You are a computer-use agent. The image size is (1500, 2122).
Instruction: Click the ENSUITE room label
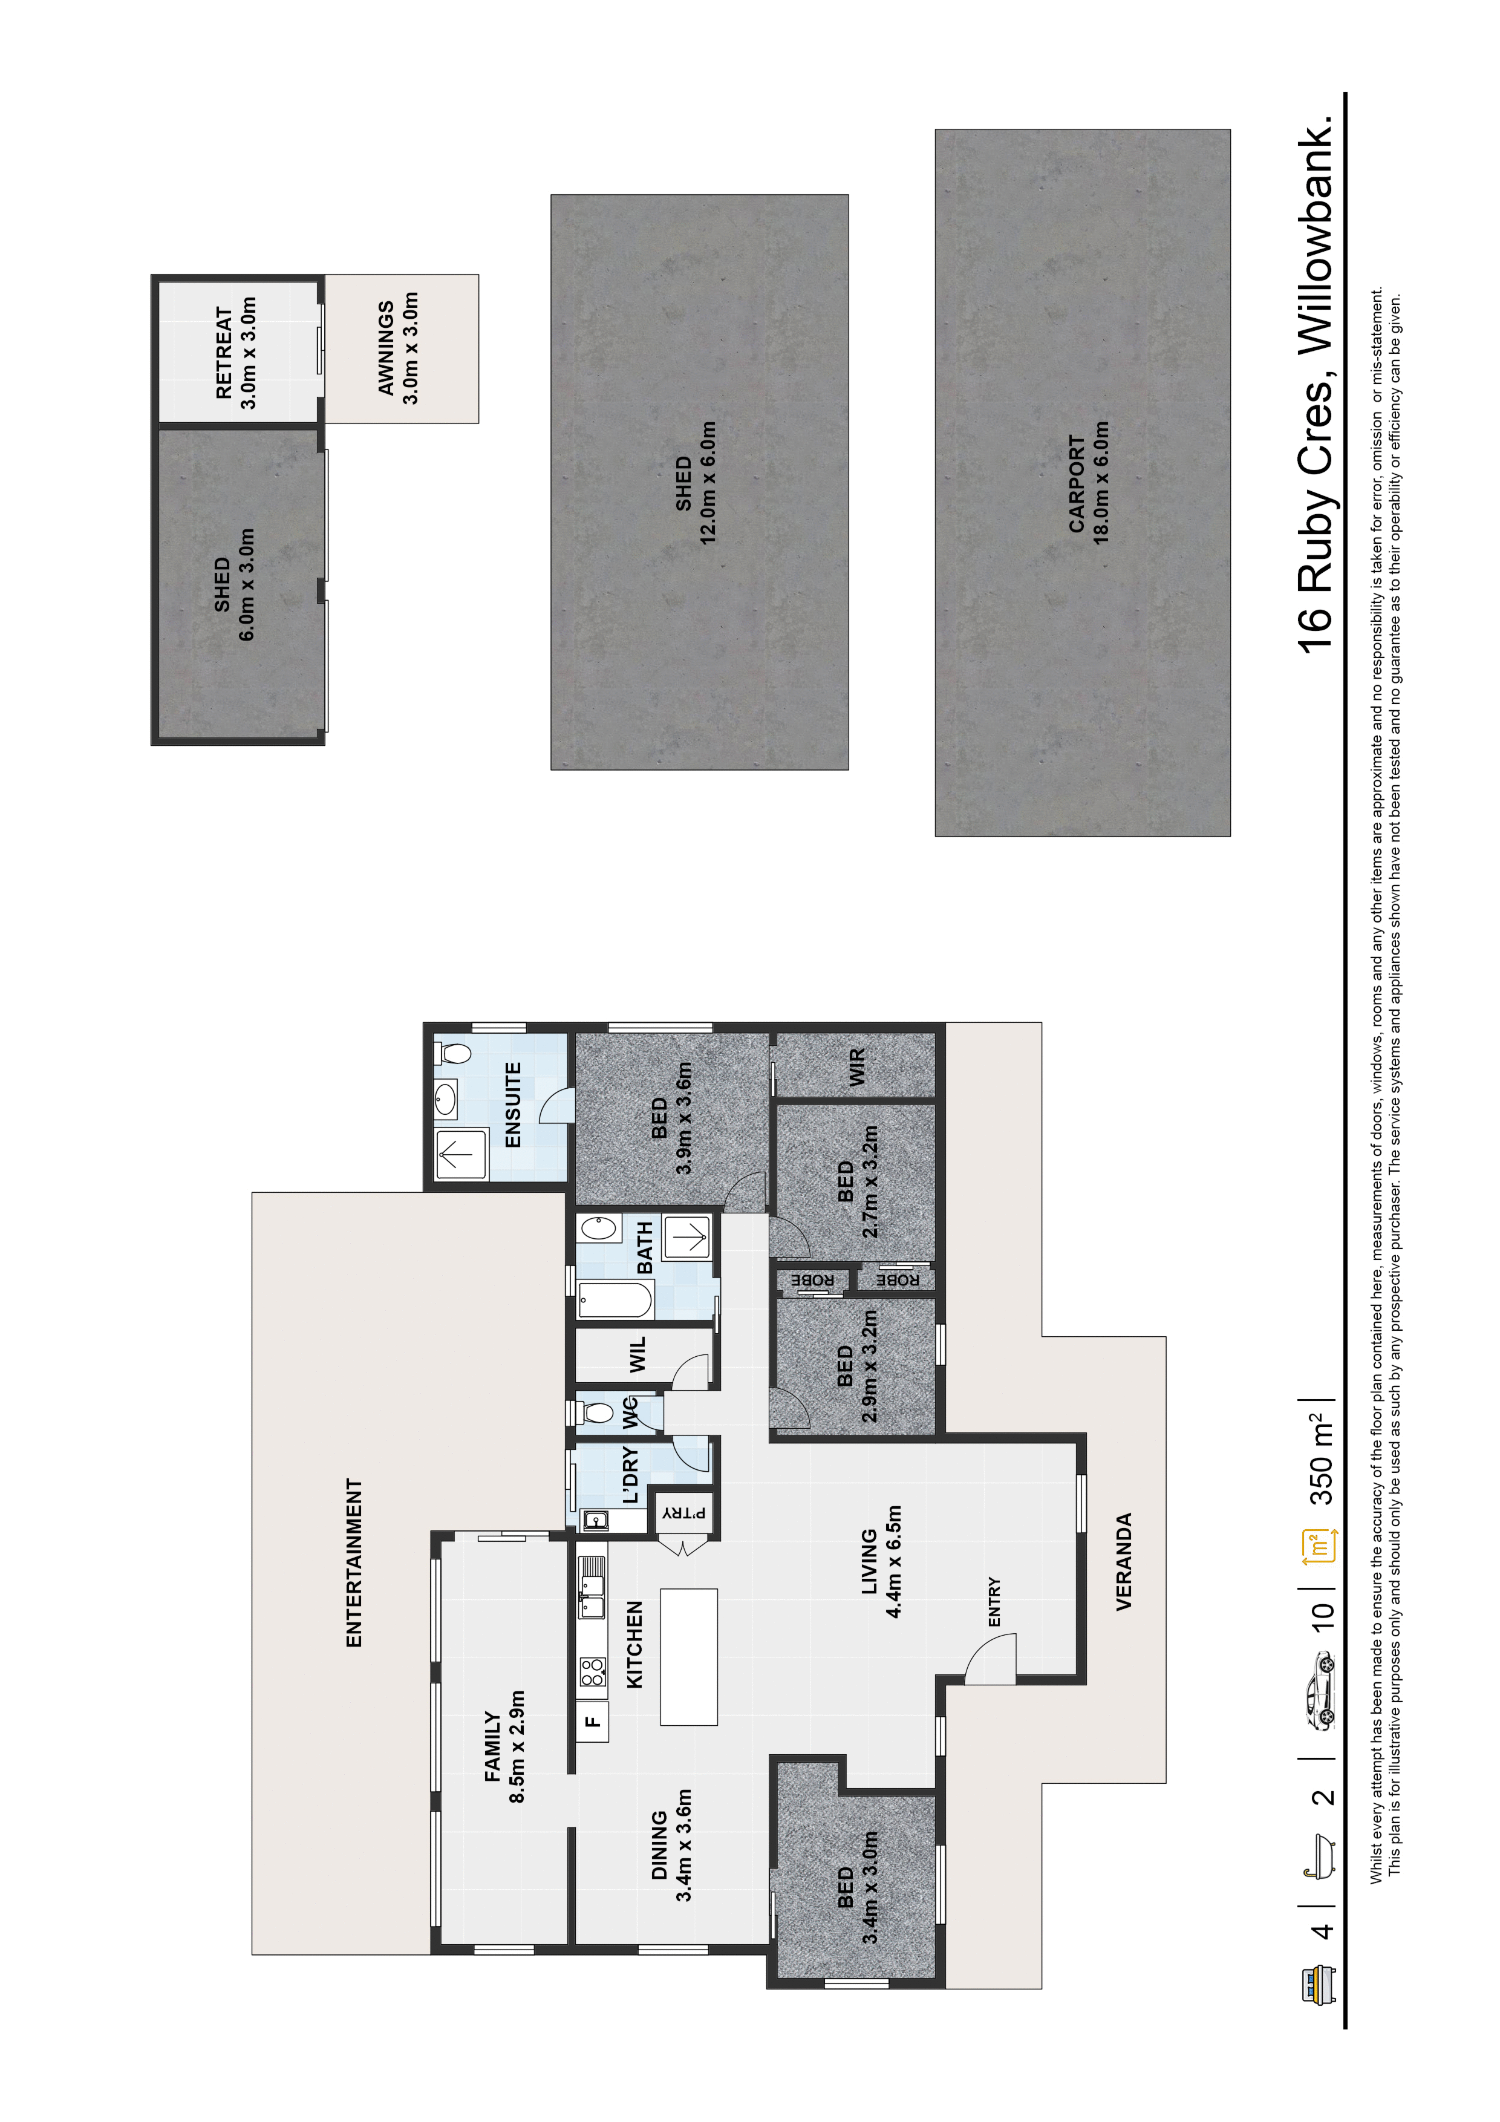(x=513, y=1105)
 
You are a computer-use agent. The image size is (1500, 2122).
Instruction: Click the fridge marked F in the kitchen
(x=592, y=1721)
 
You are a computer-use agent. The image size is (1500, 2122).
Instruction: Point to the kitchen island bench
(x=688, y=1656)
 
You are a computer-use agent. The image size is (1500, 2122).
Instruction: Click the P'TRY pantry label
(x=684, y=1513)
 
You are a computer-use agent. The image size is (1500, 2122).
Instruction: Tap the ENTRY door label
(x=994, y=1602)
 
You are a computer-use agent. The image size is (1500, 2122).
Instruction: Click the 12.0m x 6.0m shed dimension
(x=708, y=483)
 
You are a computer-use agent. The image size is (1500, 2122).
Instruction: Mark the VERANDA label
(x=1124, y=1562)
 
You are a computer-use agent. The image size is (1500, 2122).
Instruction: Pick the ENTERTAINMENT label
(x=354, y=1563)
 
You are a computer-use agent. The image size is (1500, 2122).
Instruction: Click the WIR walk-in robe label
(x=856, y=1066)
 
